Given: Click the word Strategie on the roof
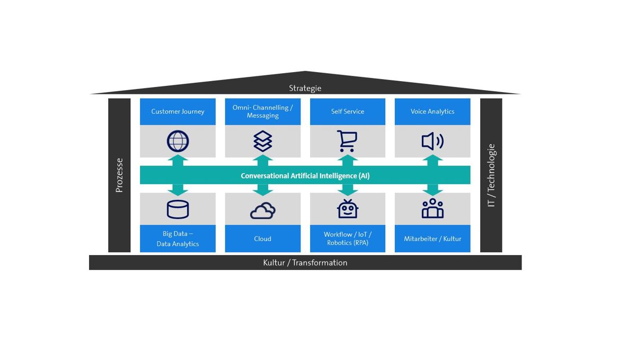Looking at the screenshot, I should (x=305, y=88).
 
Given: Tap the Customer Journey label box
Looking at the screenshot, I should (x=178, y=111).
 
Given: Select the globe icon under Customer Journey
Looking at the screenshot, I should (x=178, y=142).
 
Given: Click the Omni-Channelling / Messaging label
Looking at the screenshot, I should (x=262, y=111).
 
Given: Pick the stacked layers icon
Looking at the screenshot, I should (x=262, y=142).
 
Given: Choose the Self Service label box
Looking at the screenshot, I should (x=347, y=111).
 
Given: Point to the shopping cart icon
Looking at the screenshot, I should (x=347, y=142).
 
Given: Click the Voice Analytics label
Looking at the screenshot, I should (x=432, y=111).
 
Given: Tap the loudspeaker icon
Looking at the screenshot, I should (x=432, y=142).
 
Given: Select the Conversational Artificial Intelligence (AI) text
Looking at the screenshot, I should (x=305, y=175).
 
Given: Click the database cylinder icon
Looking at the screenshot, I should (x=178, y=209).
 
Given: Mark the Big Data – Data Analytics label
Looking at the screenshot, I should (x=178, y=239).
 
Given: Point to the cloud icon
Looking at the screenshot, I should (x=262, y=210).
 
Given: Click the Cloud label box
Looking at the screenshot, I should (x=262, y=239).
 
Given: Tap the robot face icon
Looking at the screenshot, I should (x=347, y=209).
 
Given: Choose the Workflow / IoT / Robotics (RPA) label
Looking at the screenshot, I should (x=347, y=239).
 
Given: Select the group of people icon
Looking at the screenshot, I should (x=432, y=209).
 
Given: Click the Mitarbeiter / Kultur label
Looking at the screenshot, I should (x=432, y=239).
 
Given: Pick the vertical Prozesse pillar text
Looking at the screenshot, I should (x=119, y=175).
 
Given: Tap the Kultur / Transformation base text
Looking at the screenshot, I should (x=305, y=262).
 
